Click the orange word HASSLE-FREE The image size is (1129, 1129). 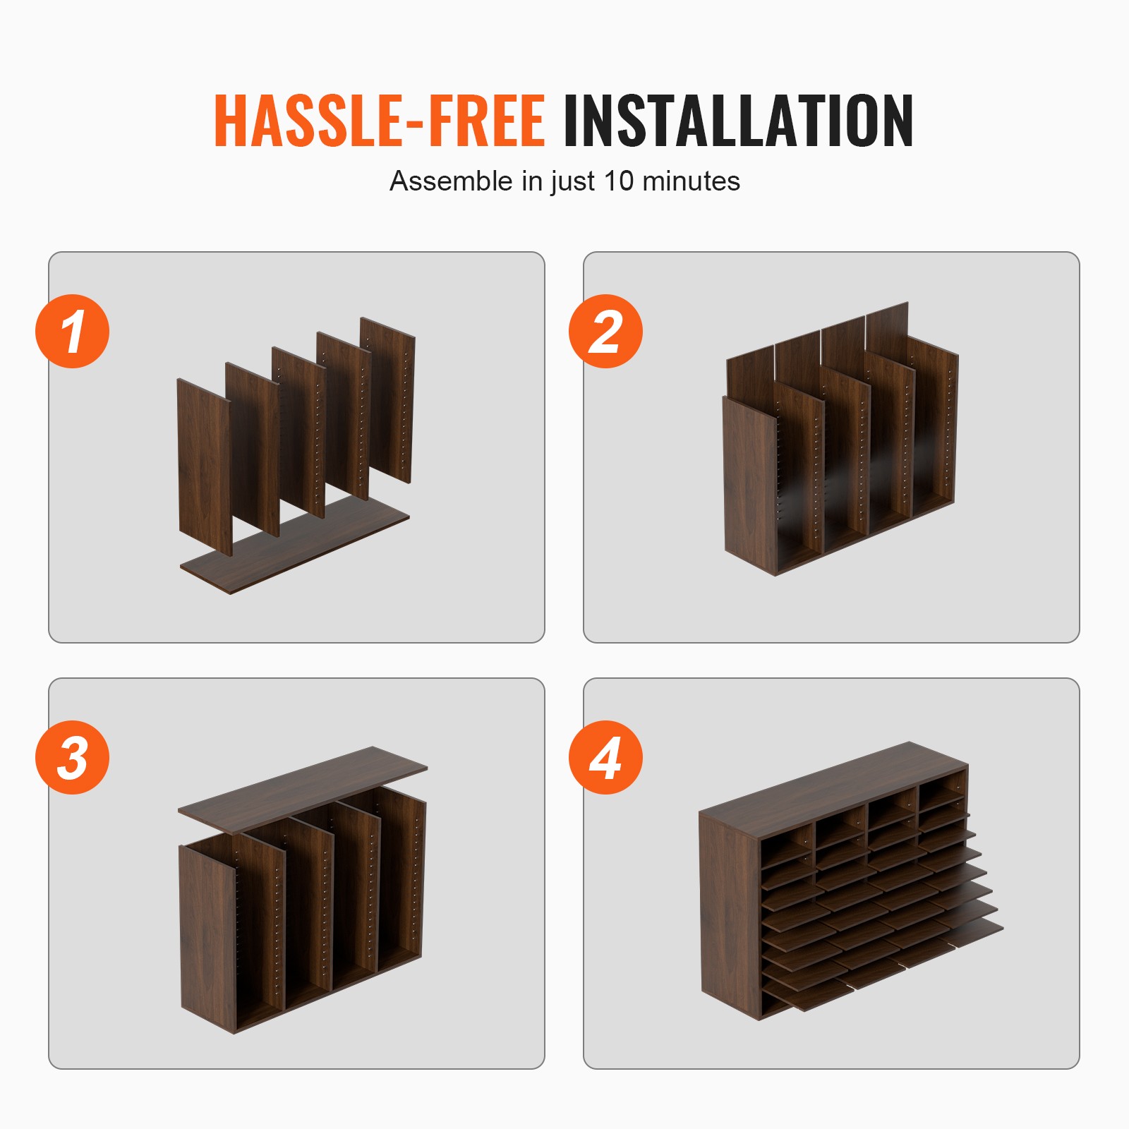(x=380, y=121)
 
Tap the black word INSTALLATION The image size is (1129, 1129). (x=738, y=121)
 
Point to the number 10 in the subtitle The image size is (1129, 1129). (x=619, y=181)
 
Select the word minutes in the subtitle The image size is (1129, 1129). (x=691, y=181)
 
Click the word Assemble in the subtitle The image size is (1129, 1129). (x=451, y=181)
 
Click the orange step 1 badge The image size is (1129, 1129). (x=73, y=331)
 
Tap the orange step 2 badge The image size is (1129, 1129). (x=605, y=331)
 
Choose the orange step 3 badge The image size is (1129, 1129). (x=73, y=757)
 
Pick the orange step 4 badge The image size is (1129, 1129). (x=605, y=757)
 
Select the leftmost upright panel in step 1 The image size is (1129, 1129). (x=204, y=466)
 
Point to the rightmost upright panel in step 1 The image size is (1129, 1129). (x=387, y=400)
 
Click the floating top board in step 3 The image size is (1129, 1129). (x=303, y=790)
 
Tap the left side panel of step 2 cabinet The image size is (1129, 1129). (x=749, y=485)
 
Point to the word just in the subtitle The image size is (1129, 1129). (x=573, y=182)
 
